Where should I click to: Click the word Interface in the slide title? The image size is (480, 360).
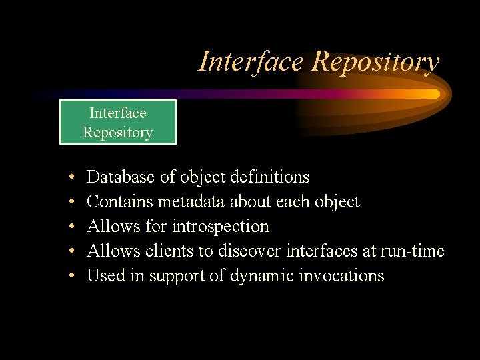click(252, 61)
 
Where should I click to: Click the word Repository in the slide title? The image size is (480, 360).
click(376, 61)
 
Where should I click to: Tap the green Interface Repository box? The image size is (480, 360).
click(118, 122)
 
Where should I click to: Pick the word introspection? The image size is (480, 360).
click(220, 226)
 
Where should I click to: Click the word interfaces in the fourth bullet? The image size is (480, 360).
click(322, 251)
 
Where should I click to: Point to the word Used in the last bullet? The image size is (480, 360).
click(103, 275)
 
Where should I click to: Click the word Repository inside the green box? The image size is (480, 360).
click(118, 132)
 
